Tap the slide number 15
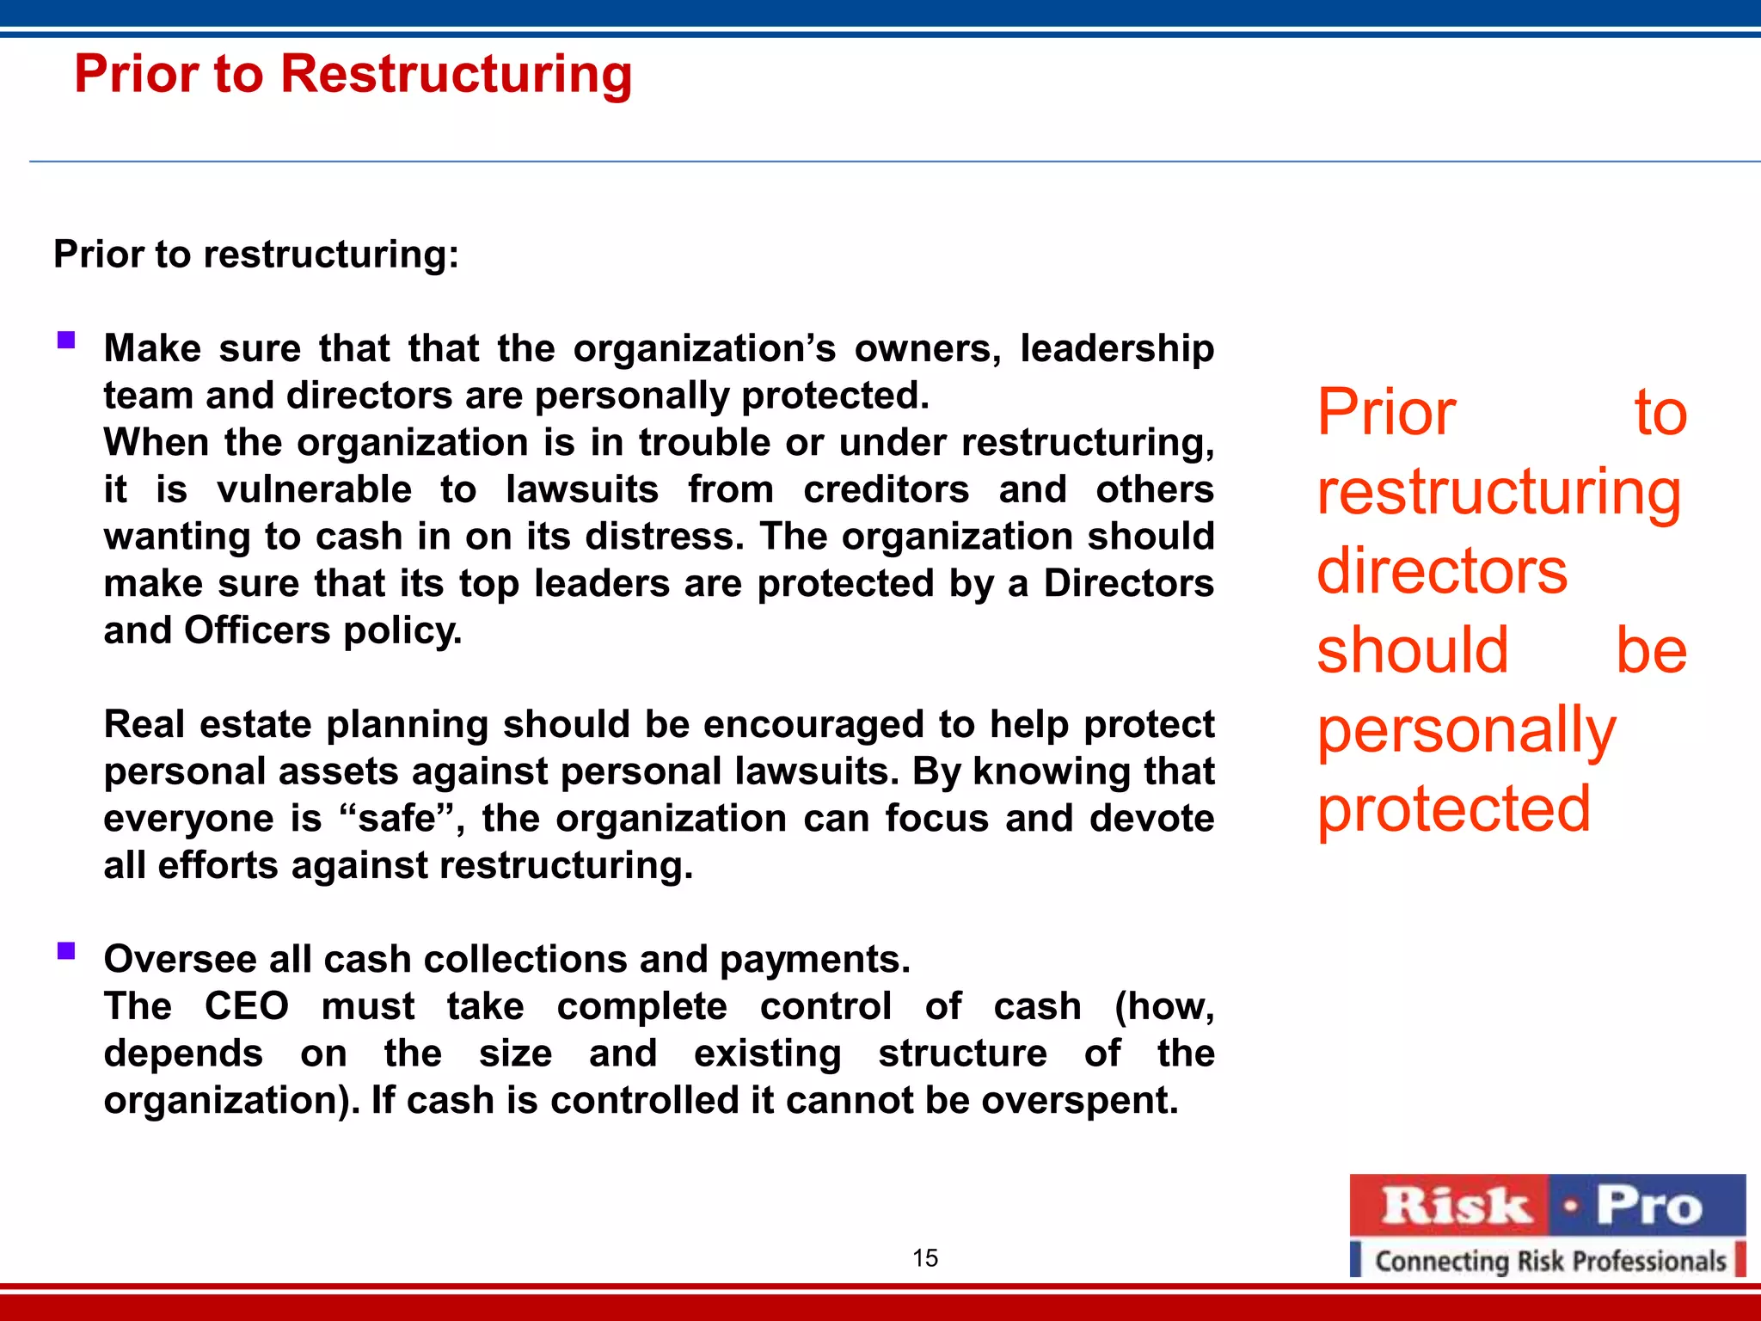coord(925,1258)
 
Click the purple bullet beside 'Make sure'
coord(66,340)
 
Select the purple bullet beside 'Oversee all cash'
coord(66,950)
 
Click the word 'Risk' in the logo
coord(1455,1206)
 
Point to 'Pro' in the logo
coord(1649,1206)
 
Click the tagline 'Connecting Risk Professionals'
coord(1550,1261)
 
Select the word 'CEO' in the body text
coord(247,1006)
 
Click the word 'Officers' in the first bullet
coord(257,630)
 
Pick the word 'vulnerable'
coord(315,489)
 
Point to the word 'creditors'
coord(887,489)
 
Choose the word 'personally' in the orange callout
coord(1467,731)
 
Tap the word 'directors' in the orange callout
coord(1443,571)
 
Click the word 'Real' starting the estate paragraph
coord(144,724)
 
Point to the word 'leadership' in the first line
coord(1117,348)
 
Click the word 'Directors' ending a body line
coord(1129,583)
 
